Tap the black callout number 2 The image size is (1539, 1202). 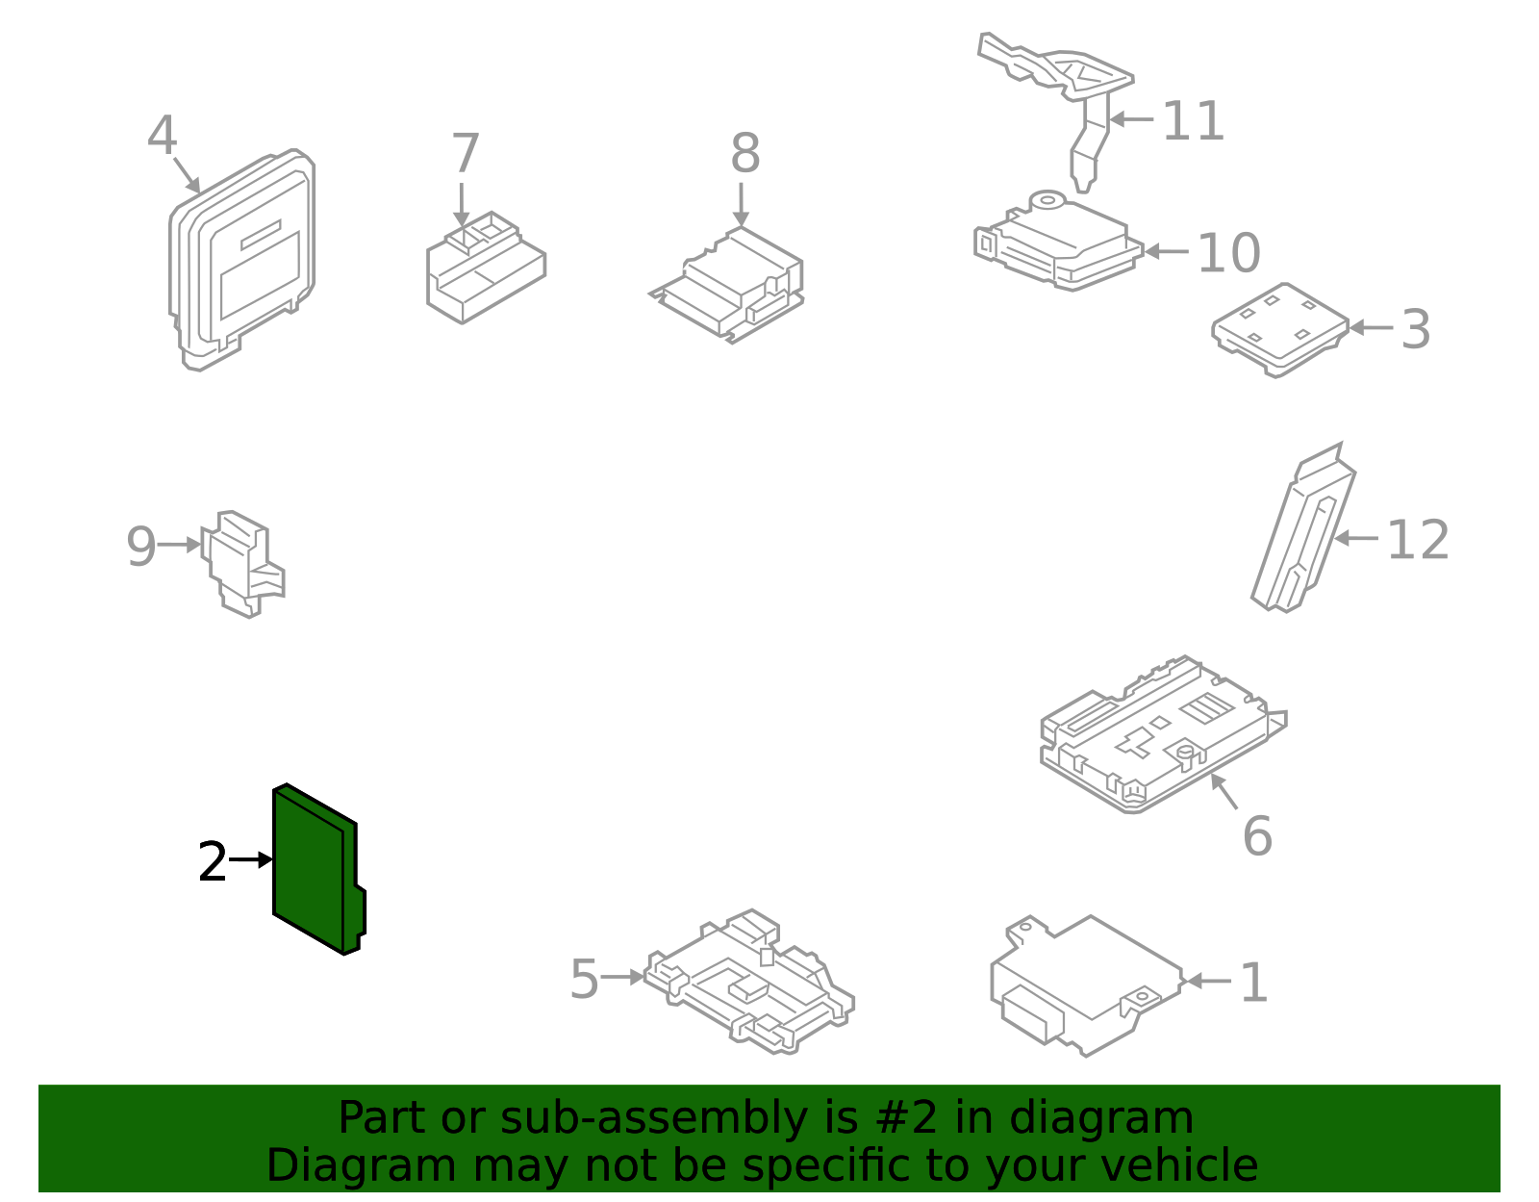click(212, 862)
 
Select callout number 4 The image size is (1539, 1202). click(162, 137)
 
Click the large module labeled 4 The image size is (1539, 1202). click(245, 260)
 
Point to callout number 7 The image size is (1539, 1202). click(466, 154)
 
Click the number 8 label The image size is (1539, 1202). click(744, 154)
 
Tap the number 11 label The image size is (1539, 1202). click(1193, 122)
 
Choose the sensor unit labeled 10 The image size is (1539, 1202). click(1058, 243)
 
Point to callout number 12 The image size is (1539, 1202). click(1417, 540)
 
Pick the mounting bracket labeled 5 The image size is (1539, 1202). click(750, 986)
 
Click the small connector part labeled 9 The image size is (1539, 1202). click(240, 563)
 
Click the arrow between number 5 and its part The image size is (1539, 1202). click(622, 978)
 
